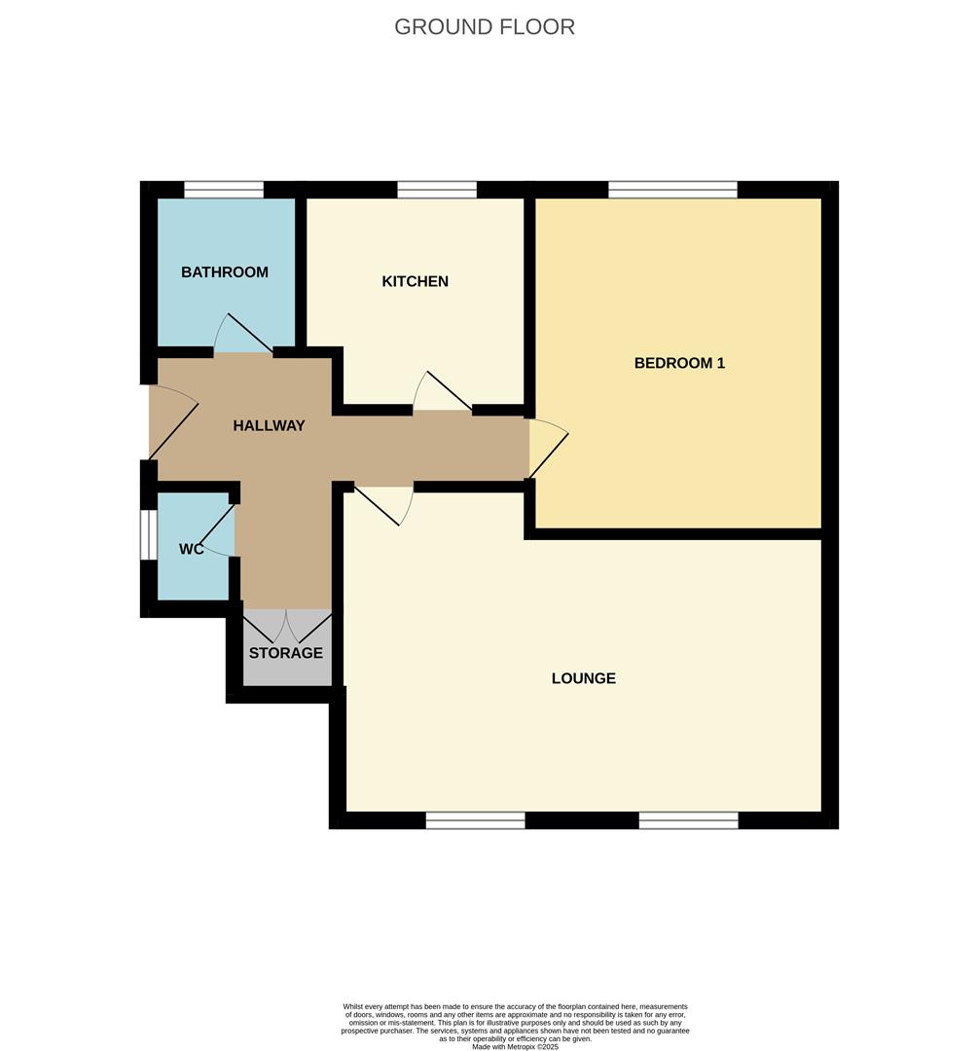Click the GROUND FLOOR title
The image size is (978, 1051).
pos(485,26)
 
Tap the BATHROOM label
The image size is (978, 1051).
pos(225,272)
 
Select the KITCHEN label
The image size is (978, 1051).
pos(416,281)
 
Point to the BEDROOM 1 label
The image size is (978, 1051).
pos(679,363)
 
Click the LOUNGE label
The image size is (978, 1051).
pos(584,678)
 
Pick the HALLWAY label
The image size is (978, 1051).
pos(269,425)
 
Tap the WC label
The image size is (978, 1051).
pos(191,549)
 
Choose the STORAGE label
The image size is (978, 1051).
pos(285,653)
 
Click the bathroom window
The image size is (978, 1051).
pos(224,190)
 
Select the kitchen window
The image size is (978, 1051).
pos(437,190)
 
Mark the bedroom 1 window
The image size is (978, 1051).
pos(672,190)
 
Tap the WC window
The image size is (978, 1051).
pos(148,534)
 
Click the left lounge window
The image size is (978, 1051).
pos(475,820)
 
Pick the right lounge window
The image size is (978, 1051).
pos(688,820)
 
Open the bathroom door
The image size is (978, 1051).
pos(241,335)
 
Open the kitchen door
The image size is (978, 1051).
pos(442,392)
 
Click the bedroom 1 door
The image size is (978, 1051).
pos(547,447)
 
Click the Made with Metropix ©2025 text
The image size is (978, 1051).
pos(515,1046)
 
